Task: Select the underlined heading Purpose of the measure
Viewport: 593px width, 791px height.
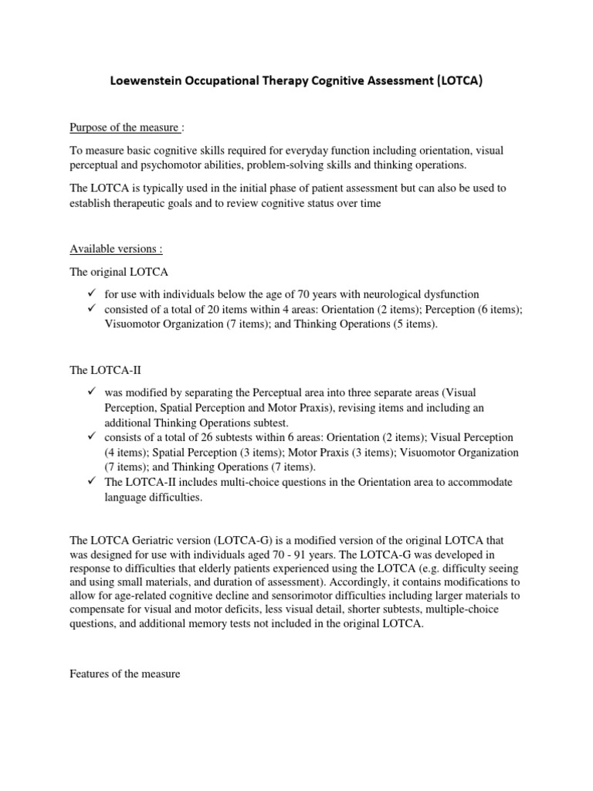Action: coord(124,127)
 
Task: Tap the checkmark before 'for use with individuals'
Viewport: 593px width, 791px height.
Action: coord(91,294)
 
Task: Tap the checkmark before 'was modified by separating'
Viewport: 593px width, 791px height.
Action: coord(91,393)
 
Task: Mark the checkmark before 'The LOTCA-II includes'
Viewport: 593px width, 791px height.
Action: coord(91,482)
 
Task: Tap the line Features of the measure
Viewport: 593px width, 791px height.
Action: coord(125,674)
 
